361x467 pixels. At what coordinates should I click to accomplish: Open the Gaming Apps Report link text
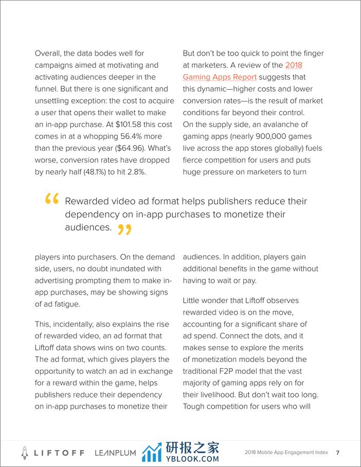pyautogui.click(x=220, y=77)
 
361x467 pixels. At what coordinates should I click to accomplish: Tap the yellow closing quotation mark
pyautogui.click(x=124, y=229)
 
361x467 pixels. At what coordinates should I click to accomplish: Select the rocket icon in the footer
pyautogui.click(x=24, y=453)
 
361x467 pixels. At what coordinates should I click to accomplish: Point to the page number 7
pyautogui.click(x=337, y=453)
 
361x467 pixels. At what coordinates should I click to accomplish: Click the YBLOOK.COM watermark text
pyautogui.click(x=192, y=458)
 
